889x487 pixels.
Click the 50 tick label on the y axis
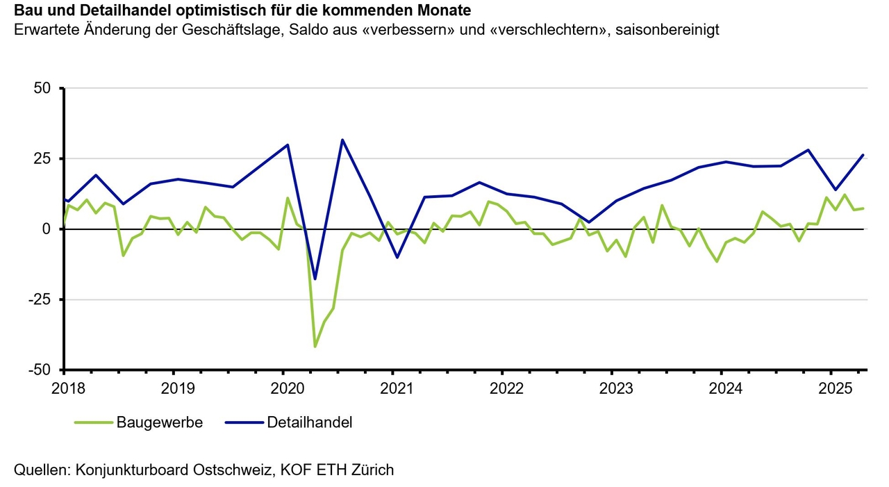point(42,88)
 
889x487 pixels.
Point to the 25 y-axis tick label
point(42,158)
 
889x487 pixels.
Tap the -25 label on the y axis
point(40,299)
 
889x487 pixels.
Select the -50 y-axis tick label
point(40,370)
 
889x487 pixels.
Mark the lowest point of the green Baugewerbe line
point(315,346)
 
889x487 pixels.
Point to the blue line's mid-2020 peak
point(342,140)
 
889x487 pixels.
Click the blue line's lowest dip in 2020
point(315,279)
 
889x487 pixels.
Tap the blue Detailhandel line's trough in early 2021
point(397,258)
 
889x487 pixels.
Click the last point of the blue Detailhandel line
point(863,155)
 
